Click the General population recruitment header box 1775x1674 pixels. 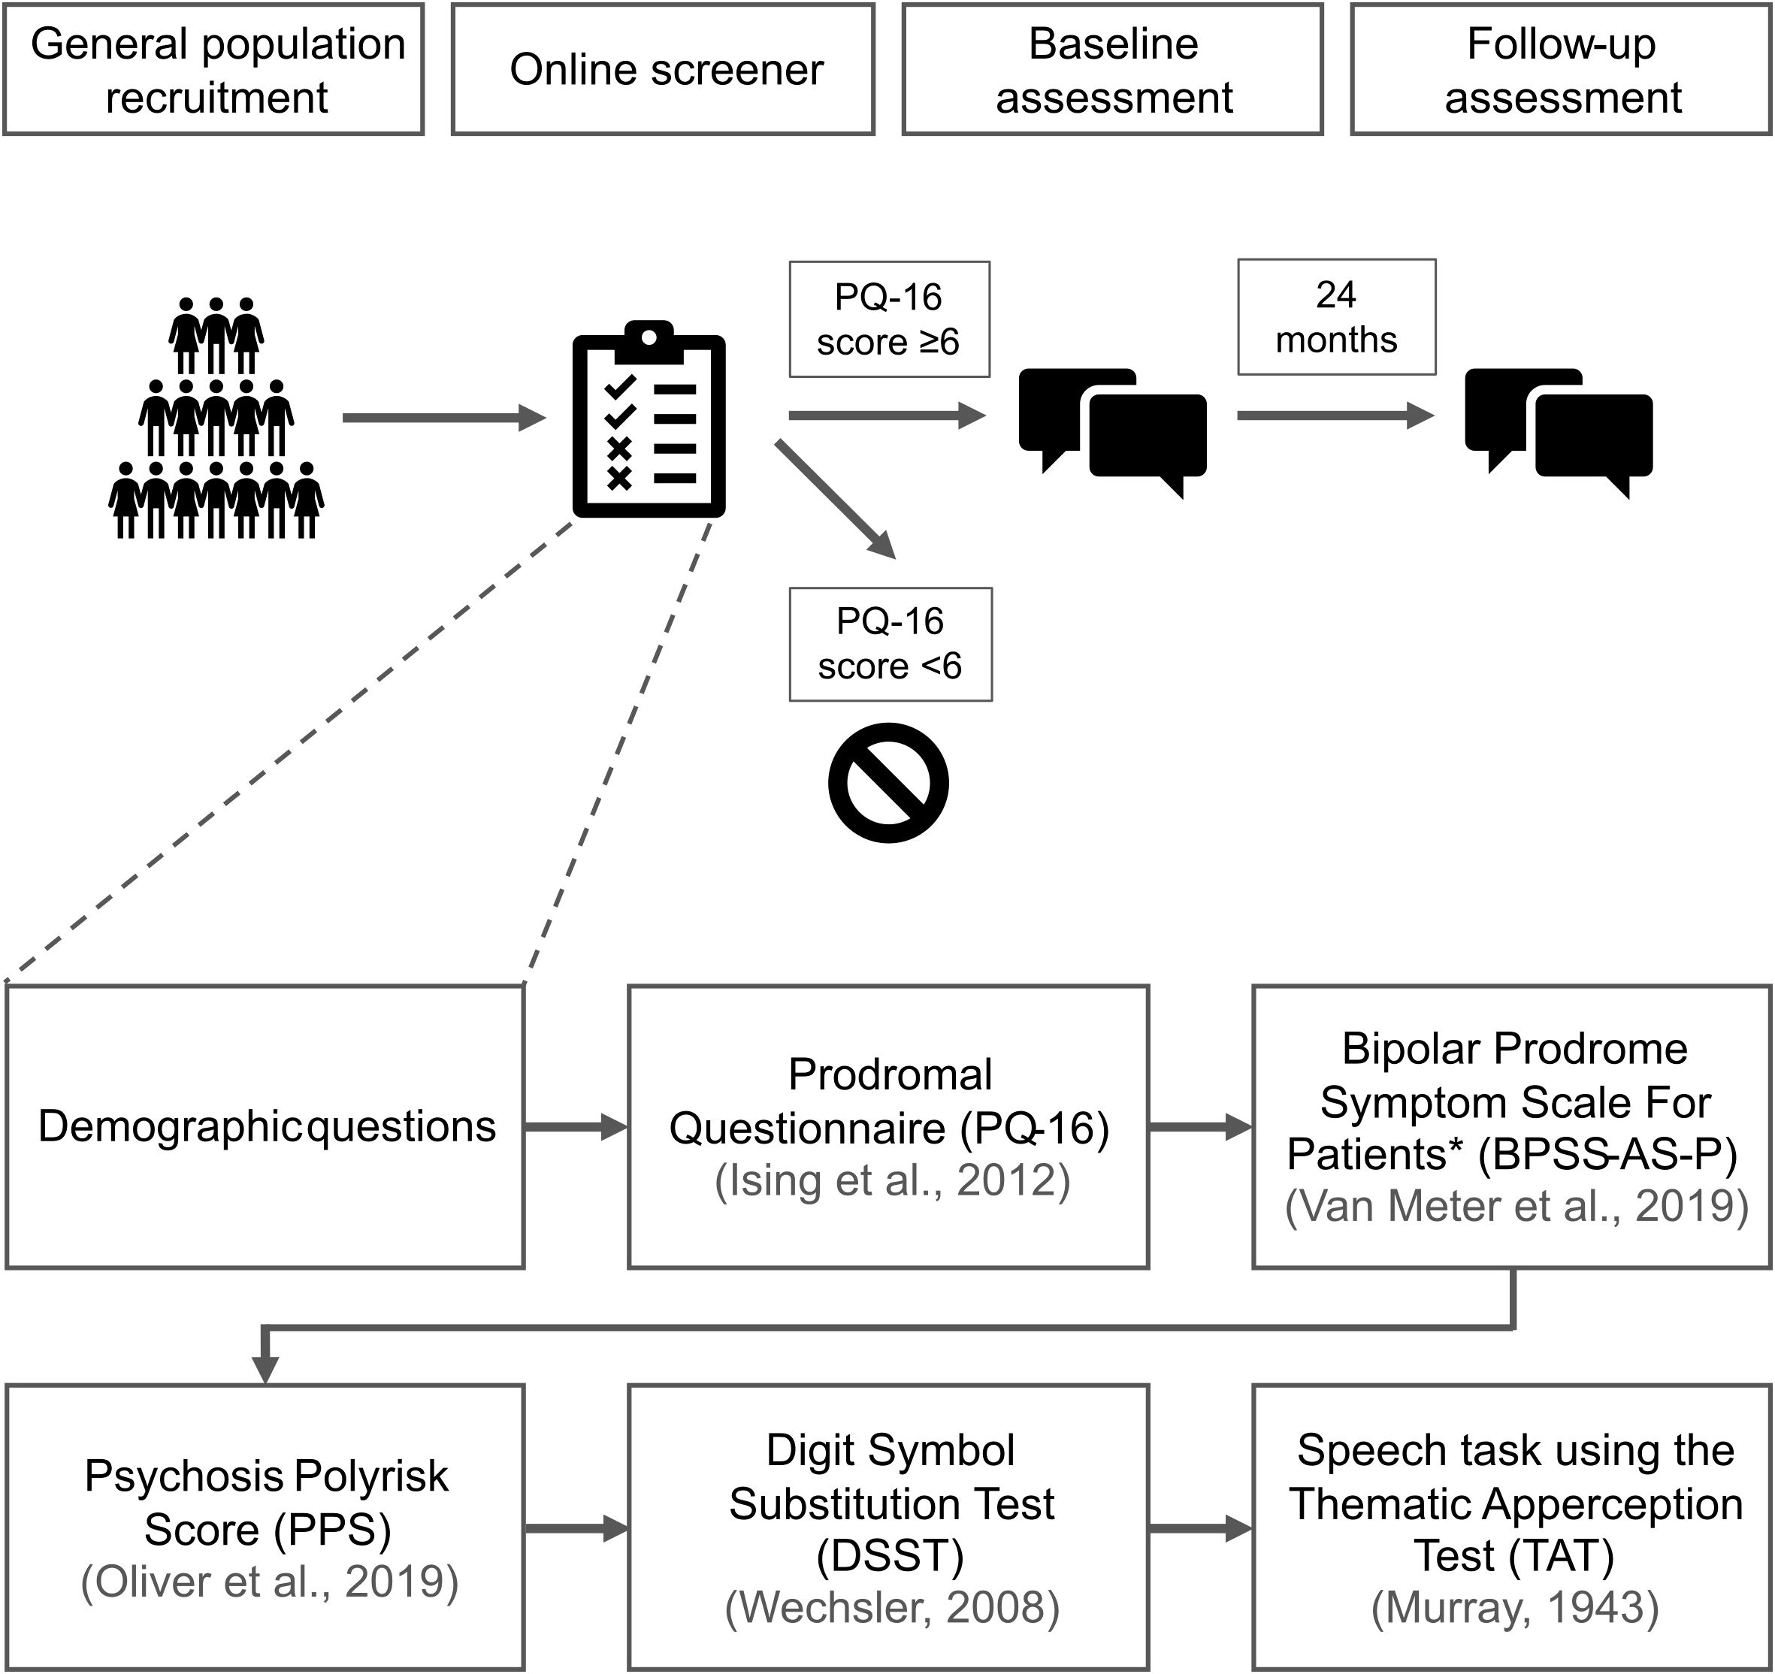pos(213,70)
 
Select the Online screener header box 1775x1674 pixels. pos(664,70)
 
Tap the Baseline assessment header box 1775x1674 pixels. pos(1112,70)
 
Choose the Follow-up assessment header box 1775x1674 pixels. pos(1562,70)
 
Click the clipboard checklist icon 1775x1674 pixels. pos(649,419)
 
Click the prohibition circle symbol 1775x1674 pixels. pos(888,782)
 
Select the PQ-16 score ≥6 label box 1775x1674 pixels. pos(889,319)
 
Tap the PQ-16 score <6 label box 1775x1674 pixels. pos(891,644)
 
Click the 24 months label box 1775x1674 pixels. pos(1337,317)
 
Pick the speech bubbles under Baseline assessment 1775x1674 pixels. pos(1112,428)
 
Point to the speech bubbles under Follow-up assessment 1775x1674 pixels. pos(1559,428)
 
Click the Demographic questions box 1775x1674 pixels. pos(265,1127)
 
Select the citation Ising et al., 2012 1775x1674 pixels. pos(892,1180)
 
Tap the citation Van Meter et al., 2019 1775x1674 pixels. pos(1516,1205)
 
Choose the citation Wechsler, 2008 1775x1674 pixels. pos(892,1607)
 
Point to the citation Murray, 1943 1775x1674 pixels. pos(1515,1607)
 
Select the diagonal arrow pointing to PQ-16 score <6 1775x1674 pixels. pos(835,499)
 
